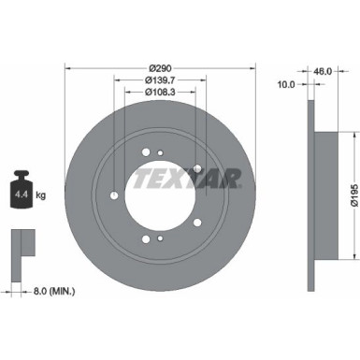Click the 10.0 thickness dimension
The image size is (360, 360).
(x=287, y=83)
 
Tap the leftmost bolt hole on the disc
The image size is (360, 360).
(x=113, y=194)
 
